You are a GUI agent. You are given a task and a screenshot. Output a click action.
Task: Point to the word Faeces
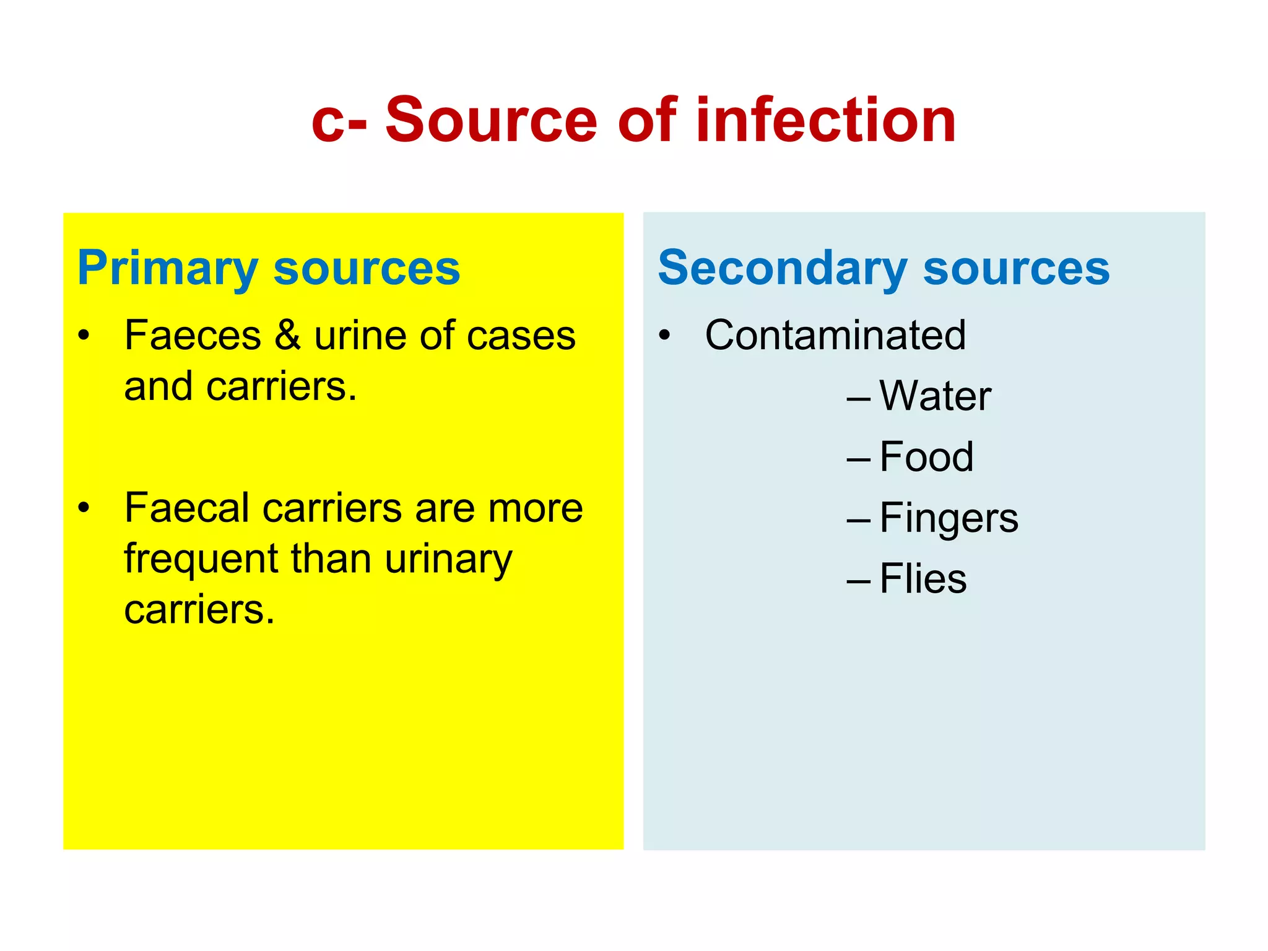(x=193, y=336)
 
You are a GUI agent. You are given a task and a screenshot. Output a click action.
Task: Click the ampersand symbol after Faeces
(x=288, y=336)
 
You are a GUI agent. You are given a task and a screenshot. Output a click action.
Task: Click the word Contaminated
(x=835, y=336)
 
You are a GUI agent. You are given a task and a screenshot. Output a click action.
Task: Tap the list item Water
(x=935, y=396)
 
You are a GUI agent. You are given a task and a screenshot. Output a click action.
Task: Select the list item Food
(x=926, y=458)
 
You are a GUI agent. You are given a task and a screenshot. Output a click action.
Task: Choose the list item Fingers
(x=949, y=519)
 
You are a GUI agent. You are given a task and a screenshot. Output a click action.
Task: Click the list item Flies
(x=923, y=580)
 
